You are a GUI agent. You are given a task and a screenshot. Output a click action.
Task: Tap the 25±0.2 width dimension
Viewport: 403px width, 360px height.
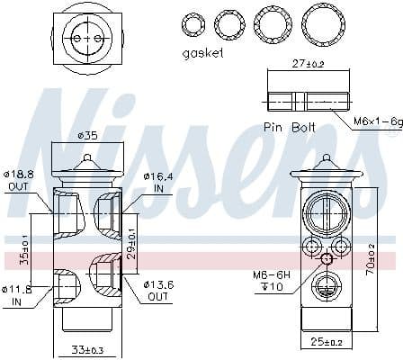327,342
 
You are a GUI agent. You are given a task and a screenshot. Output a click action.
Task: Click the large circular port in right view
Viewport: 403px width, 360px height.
326,213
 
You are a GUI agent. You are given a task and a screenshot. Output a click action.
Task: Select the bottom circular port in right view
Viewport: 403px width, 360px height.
326,286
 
